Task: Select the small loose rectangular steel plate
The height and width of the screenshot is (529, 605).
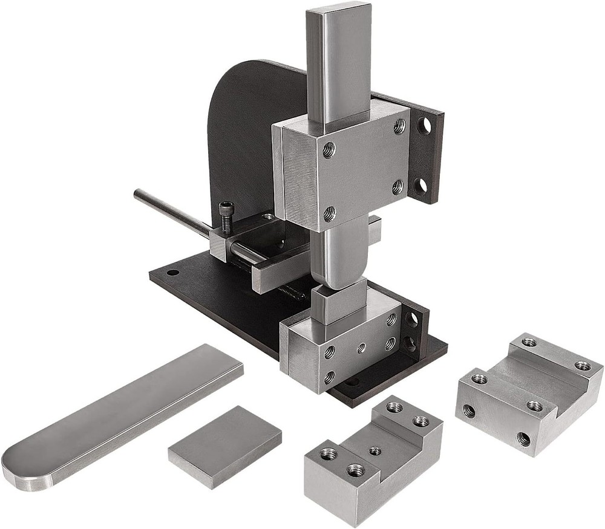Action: (225, 446)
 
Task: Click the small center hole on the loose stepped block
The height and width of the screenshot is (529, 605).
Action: (375, 450)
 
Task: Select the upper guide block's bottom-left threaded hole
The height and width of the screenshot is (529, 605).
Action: (329, 212)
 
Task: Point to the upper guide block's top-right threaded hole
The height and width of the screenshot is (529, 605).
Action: (399, 126)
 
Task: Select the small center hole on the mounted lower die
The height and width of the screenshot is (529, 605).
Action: (361, 348)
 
